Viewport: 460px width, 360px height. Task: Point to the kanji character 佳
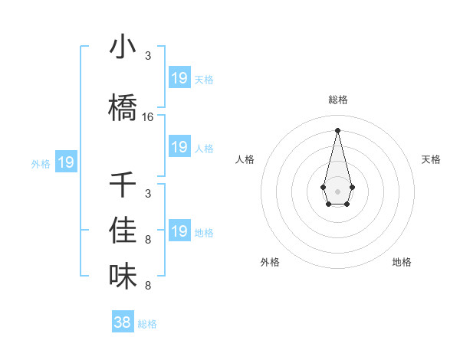point(123,231)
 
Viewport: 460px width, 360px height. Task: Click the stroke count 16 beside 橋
point(148,117)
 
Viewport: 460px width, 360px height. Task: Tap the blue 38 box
point(123,322)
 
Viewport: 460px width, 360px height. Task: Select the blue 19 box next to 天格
point(179,78)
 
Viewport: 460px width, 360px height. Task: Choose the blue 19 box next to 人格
point(179,147)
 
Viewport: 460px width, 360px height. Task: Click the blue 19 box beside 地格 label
point(179,231)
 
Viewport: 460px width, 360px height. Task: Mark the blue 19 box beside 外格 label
point(66,162)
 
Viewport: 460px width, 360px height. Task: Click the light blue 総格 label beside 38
point(147,324)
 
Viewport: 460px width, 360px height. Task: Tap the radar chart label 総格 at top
point(337,100)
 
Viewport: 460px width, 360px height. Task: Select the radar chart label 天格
point(431,159)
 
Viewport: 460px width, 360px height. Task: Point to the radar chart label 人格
point(245,159)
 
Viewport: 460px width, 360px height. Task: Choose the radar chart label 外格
point(270,262)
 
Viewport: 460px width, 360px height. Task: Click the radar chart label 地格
point(402,262)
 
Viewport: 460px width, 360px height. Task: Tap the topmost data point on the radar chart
point(337,130)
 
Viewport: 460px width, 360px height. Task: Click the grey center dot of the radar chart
point(337,190)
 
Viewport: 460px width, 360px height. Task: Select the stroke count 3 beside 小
point(148,56)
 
